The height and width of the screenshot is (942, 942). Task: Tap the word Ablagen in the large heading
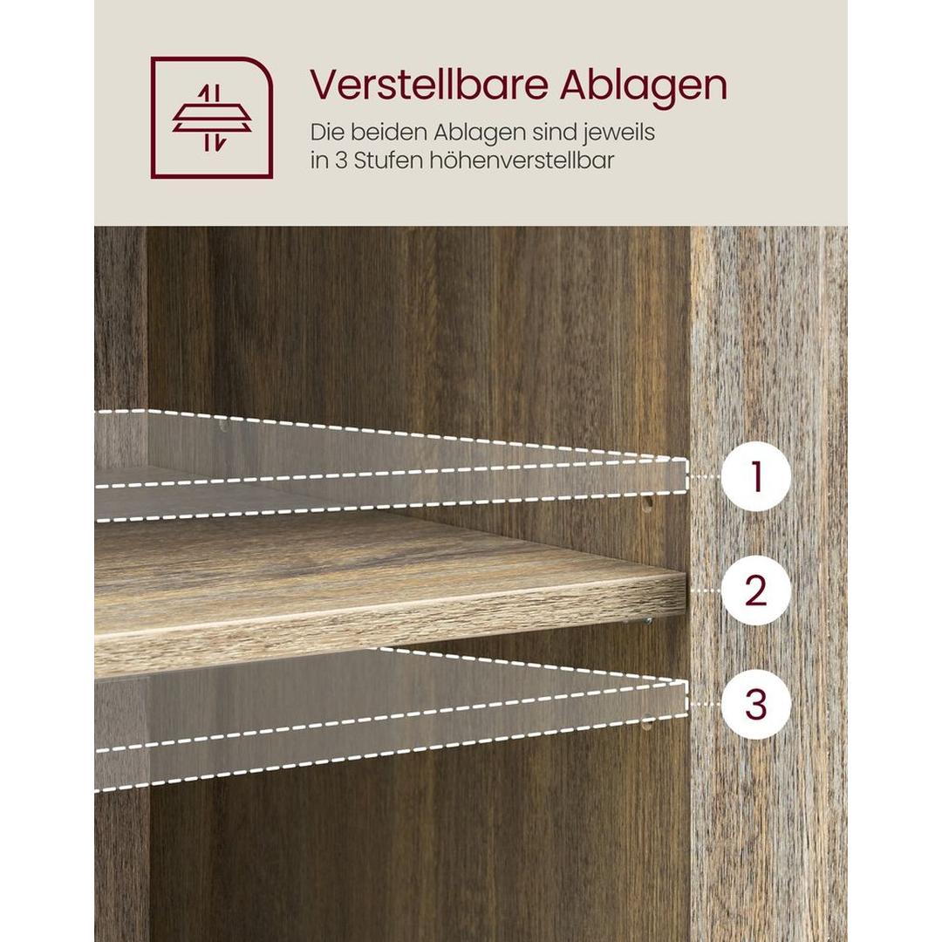pos(643,85)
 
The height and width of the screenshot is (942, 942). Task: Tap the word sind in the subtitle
pos(548,133)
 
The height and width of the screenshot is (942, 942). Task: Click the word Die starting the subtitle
pos(326,133)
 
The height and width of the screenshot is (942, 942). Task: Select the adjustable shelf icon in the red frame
pos(212,118)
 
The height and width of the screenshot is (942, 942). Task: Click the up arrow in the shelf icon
pos(207,93)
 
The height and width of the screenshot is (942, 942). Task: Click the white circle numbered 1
pos(755,477)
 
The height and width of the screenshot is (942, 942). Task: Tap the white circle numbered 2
pos(755,590)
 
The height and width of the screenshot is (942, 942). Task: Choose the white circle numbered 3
pos(755,704)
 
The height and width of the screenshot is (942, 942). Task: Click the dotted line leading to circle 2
pos(705,590)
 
